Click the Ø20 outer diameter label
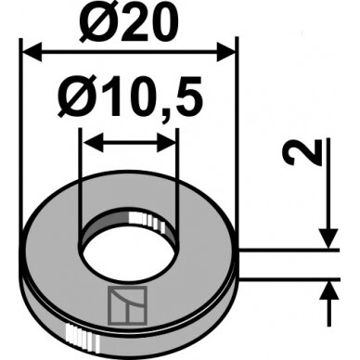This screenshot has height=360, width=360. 125,21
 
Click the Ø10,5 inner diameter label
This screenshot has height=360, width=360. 130,97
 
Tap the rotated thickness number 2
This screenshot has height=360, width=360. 302,152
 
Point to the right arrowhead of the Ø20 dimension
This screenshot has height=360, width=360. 225,52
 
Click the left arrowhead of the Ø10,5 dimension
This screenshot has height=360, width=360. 93,143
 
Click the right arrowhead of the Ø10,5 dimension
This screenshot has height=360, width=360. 166,143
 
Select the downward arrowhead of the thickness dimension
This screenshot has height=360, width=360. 328,238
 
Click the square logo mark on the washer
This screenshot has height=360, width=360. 127,305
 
